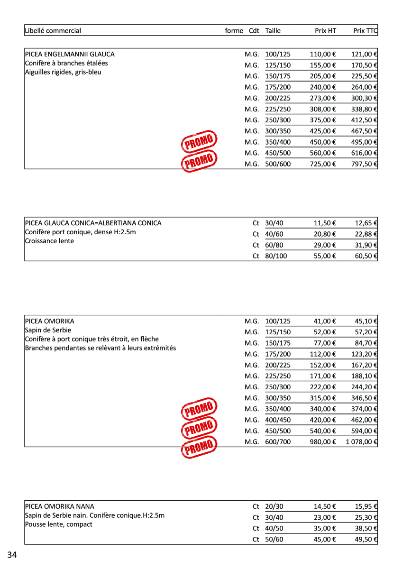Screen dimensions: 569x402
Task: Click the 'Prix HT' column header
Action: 325,31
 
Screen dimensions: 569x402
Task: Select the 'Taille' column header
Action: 273,31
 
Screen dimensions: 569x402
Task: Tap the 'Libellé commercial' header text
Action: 53,31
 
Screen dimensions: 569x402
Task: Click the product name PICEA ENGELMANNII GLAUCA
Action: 70,55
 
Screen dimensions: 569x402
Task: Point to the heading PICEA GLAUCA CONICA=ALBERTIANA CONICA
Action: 93,223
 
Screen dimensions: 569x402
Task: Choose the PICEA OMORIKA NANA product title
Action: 59,506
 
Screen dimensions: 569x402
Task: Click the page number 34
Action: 12,555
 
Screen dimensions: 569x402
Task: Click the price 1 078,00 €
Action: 361,442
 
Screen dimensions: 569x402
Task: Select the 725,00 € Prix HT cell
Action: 323,164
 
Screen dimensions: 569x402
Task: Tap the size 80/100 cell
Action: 276,256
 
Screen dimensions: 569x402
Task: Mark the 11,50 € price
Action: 325,223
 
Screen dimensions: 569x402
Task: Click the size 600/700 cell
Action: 278,442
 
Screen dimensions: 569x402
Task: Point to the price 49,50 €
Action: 366,539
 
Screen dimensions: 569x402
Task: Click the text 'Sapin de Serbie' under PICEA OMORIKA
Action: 48,330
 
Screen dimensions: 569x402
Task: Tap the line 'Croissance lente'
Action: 49,241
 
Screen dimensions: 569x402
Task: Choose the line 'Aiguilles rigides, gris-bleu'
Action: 63,72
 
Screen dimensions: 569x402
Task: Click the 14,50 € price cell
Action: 325,506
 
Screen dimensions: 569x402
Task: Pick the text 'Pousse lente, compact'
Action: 58,524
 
